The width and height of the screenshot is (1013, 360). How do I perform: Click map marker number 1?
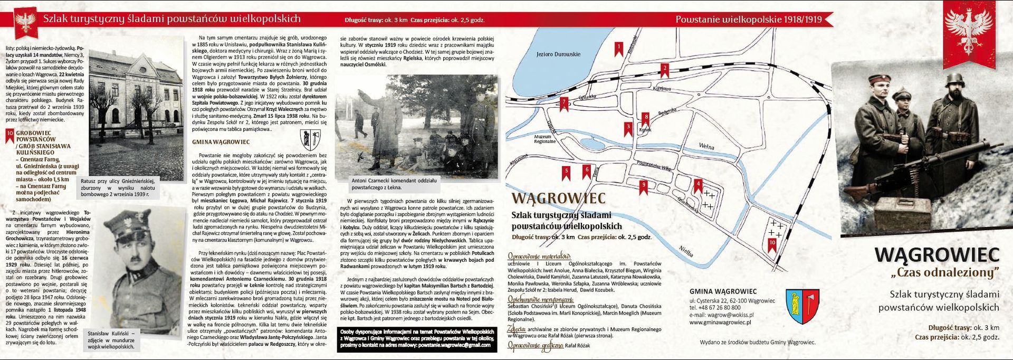[619, 48]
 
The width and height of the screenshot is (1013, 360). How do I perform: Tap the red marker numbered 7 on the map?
[564, 102]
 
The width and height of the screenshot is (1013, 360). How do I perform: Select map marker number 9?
[643, 185]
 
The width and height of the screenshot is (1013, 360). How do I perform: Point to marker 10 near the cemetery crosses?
[772, 243]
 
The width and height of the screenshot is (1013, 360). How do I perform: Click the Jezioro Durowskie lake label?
[558, 54]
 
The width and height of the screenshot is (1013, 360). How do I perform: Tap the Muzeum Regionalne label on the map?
[545, 139]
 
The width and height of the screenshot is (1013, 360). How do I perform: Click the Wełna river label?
[706, 146]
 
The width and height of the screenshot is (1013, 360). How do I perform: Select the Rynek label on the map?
[645, 129]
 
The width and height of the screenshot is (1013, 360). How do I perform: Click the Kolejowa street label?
[662, 88]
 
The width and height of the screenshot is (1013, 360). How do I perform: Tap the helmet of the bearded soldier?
[955, 80]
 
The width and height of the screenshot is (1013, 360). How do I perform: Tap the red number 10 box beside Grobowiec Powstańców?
[9, 134]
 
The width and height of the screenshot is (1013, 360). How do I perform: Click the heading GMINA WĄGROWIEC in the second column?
[221, 142]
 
